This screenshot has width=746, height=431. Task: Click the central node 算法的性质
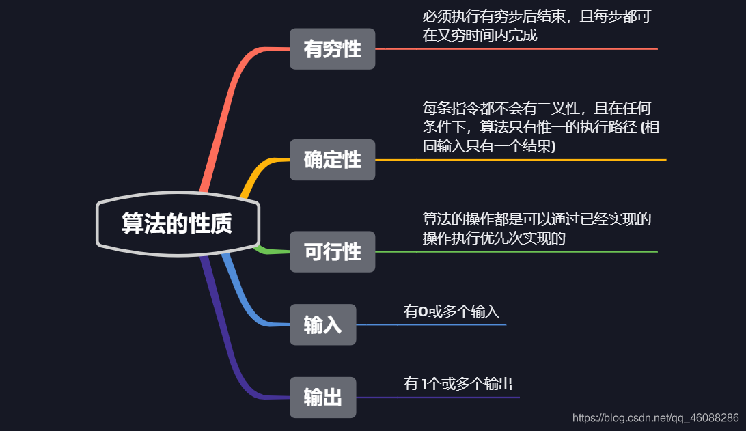click(x=177, y=223)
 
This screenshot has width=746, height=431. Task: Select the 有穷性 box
click(x=332, y=49)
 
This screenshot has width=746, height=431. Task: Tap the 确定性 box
click(x=332, y=160)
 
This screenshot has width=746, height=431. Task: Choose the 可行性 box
click(x=332, y=251)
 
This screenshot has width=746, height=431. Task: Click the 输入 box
click(x=322, y=324)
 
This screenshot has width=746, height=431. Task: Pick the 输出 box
click(x=322, y=397)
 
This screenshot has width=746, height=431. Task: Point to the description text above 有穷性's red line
click(x=536, y=26)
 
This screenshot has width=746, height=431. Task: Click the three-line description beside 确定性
click(x=540, y=127)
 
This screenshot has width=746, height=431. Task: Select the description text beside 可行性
click(x=536, y=229)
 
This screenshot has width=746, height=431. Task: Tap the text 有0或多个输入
click(x=452, y=311)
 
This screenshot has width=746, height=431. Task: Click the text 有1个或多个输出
click(x=458, y=384)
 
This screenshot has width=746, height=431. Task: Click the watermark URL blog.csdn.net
click(x=655, y=417)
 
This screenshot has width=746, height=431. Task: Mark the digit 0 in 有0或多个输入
click(x=423, y=311)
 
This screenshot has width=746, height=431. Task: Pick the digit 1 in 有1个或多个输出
click(x=425, y=384)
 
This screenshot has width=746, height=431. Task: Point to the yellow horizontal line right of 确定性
click(x=519, y=160)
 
